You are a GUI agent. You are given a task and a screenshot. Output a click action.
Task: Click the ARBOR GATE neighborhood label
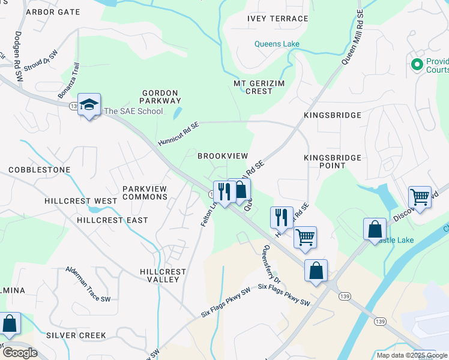pyautogui.click(x=53, y=12)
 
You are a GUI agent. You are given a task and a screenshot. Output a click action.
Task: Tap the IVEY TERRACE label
pyautogui.click(x=277, y=19)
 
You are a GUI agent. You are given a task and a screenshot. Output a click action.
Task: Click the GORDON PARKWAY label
pyautogui.click(x=160, y=97)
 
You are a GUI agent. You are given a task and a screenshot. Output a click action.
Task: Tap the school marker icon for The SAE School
pyautogui.click(x=89, y=106)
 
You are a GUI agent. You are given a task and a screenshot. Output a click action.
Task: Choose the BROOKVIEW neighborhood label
pyautogui.click(x=223, y=156)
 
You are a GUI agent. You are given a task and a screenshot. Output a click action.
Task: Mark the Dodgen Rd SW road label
pyautogui.click(x=17, y=56)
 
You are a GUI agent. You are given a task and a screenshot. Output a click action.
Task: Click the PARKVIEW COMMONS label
pyautogui.click(x=145, y=193)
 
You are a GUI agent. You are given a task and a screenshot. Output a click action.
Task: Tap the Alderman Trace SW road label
pyautogui.click(x=88, y=284)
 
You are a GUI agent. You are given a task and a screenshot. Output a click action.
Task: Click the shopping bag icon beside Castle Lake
pyautogui.click(x=375, y=229)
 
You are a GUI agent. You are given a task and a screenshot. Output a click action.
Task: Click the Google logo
pyautogui.click(x=20, y=353)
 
